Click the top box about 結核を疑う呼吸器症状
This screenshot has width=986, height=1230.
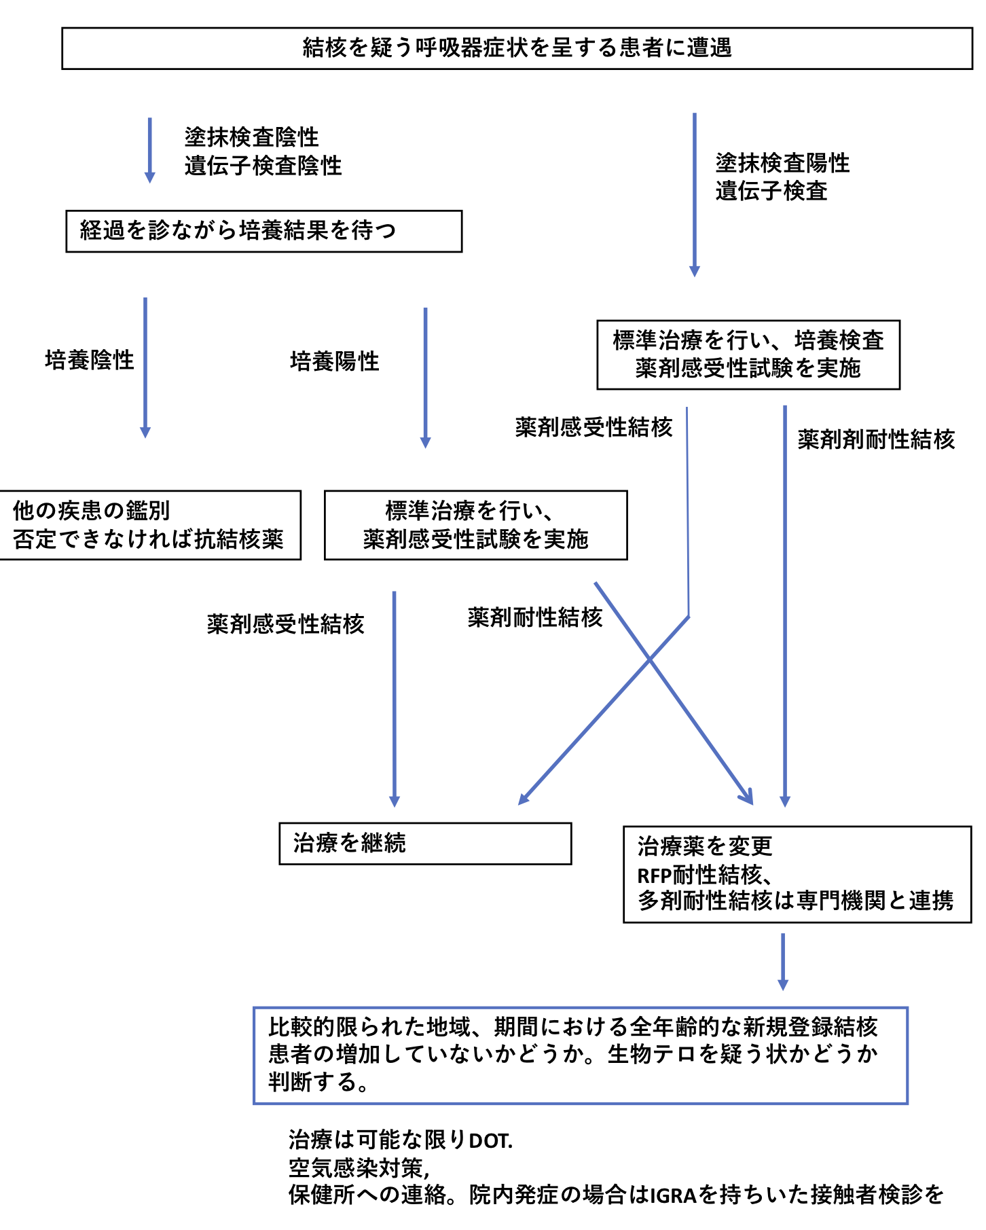tap(517, 48)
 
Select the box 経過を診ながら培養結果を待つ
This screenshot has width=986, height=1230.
tap(263, 231)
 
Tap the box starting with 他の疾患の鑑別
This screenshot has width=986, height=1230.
tap(149, 525)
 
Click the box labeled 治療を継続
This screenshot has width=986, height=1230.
tap(425, 844)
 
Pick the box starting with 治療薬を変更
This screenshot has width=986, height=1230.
tap(797, 874)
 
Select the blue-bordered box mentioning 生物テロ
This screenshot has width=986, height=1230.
tap(580, 1055)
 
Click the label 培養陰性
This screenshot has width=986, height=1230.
tap(90, 360)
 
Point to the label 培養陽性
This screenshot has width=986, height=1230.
tap(334, 361)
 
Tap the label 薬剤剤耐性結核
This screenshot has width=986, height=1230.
tap(876, 439)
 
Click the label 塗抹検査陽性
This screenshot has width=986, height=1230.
tap(782, 163)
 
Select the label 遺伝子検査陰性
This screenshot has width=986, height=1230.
tap(263, 166)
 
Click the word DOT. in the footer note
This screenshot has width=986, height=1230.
tap(491, 1140)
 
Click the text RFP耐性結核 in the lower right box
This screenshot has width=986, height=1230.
tap(699, 874)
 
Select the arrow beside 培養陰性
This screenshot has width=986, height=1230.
tap(145, 367)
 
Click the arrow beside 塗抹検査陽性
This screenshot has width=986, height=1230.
tap(694, 194)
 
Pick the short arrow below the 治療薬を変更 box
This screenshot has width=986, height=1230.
tap(782, 961)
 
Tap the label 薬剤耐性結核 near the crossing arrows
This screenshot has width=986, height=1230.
tap(535, 617)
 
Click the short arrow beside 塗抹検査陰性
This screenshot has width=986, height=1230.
tap(149, 149)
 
